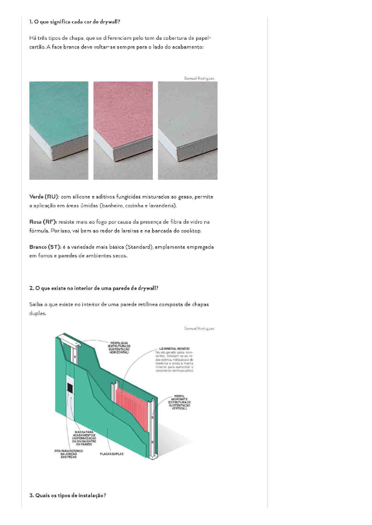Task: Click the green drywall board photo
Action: tap(59, 130)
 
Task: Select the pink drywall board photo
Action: tap(123, 130)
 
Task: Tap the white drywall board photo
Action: tap(188, 130)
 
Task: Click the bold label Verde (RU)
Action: tap(44, 197)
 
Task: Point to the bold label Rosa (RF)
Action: tap(43, 222)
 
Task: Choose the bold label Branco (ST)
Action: tap(45, 247)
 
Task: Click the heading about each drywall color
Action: tap(75, 22)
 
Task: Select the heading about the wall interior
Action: tap(94, 288)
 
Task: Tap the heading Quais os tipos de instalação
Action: tap(67, 495)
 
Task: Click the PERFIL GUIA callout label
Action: tap(119, 348)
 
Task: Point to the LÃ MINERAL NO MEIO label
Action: tap(174, 349)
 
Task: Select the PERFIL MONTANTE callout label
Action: tap(179, 402)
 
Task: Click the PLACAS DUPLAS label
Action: tap(112, 454)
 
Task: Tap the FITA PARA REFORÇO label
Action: tap(68, 454)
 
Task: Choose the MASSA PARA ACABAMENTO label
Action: tap(84, 438)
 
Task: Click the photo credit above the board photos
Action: tap(199, 78)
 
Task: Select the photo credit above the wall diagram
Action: tap(199, 328)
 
